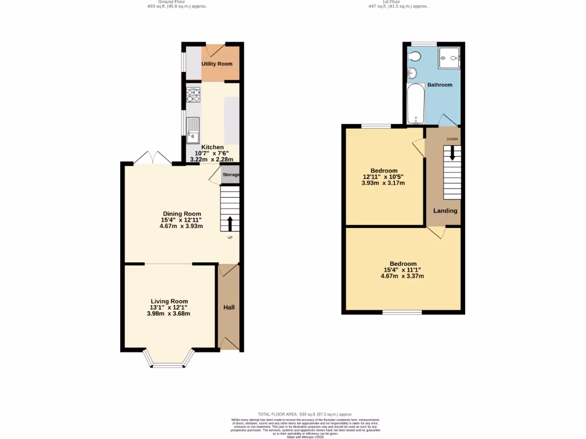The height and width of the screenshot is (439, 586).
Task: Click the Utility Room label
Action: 217,63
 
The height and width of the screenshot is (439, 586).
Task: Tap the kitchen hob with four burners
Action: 193,94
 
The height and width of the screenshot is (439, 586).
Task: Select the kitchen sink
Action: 193,129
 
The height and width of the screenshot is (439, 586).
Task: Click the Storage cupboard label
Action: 231,175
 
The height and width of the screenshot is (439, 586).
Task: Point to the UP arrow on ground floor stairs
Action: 230,223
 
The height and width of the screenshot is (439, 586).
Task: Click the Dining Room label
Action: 182,214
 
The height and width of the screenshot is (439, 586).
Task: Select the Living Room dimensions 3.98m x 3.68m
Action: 169,313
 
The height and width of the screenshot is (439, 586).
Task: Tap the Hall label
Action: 228,308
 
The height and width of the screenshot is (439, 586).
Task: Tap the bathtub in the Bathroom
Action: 415,103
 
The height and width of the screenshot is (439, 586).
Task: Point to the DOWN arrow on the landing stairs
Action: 452,153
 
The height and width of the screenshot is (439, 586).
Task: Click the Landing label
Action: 445,210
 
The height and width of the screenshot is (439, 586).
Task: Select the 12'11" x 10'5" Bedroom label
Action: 383,170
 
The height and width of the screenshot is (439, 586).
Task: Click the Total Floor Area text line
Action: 305,414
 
